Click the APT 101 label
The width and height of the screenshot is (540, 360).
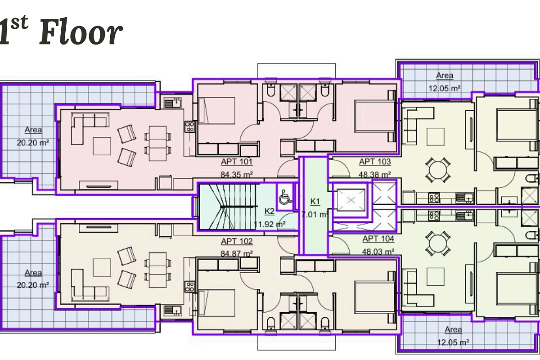coord(237,162)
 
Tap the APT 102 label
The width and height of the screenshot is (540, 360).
coord(237,241)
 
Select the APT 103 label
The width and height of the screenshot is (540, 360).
coord(375,162)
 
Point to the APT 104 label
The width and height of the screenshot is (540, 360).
coord(378,238)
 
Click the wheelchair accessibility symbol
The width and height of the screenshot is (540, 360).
coord(285,197)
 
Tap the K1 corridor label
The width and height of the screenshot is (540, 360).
coord(315,201)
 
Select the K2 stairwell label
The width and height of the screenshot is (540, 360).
coord(269,211)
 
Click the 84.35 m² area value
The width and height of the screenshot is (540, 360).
coord(237,174)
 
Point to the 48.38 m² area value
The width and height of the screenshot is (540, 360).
coord(375,174)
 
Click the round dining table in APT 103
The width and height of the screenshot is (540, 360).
coord(438,170)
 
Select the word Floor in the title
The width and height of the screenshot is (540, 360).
coord(81,32)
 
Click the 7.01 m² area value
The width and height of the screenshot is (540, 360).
coord(315,214)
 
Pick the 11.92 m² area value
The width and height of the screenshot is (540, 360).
coord(270,224)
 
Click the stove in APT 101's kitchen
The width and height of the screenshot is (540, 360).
coord(190,127)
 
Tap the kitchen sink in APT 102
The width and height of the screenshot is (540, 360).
coord(172,310)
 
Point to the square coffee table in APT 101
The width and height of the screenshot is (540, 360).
coord(102,146)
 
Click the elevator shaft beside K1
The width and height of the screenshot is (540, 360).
coord(351,200)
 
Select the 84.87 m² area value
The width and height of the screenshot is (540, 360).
coord(237,253)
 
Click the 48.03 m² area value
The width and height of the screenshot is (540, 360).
coord(378,252)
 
